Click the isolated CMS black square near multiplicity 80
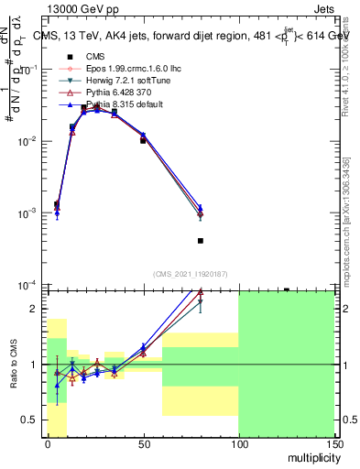pyautogui.click(x=200, y=241)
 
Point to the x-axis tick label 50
pyautogui.click(x=142, y=442)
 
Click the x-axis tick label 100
pyautogui.click(x=237, y=442)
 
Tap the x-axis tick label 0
pyautogui.click(x=47, y=442)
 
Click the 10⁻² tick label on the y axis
pyautogui.click(x=26, y=141)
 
